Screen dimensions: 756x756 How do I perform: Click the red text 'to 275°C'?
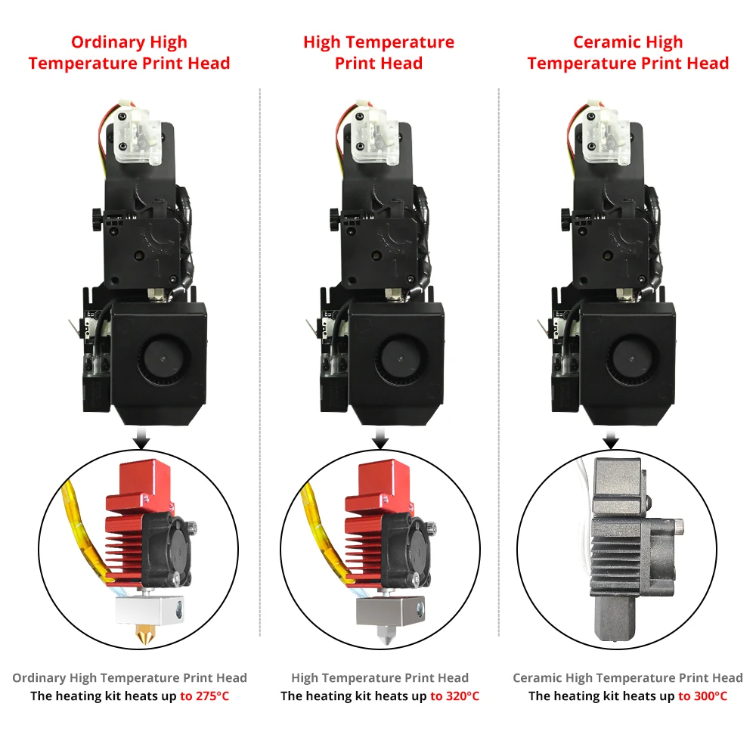(204, 696)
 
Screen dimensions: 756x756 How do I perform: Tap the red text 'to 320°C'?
(454, 696)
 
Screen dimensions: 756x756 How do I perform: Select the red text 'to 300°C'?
(702, 696)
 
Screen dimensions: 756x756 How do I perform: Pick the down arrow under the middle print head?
(380, 441)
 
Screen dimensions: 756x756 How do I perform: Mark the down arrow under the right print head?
(611, 441)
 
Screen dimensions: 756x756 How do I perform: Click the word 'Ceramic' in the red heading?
(601, 42)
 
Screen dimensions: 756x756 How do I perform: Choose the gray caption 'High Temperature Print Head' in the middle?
(380, 678)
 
